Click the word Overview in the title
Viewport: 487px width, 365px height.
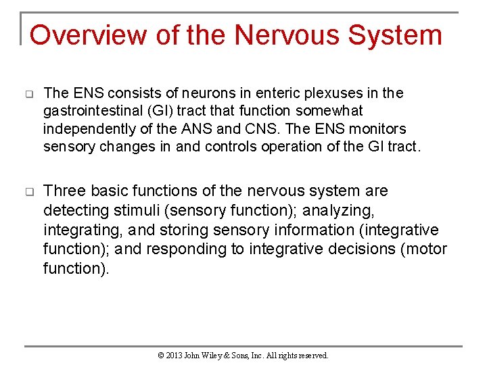[88, 35]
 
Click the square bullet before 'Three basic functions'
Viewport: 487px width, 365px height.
[30, 193]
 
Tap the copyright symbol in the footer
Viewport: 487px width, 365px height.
[161, 355]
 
